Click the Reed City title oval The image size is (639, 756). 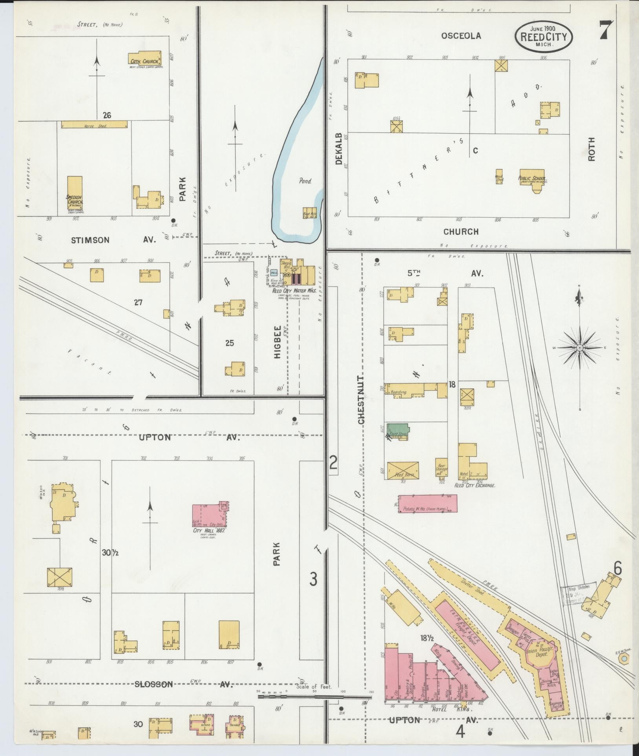tap(544, 36)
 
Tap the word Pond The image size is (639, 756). tap(305, 181)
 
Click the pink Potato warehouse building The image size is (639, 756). tap(428, 503)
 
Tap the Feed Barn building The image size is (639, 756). tap(403, 470)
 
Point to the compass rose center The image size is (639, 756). tap(579, 348)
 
